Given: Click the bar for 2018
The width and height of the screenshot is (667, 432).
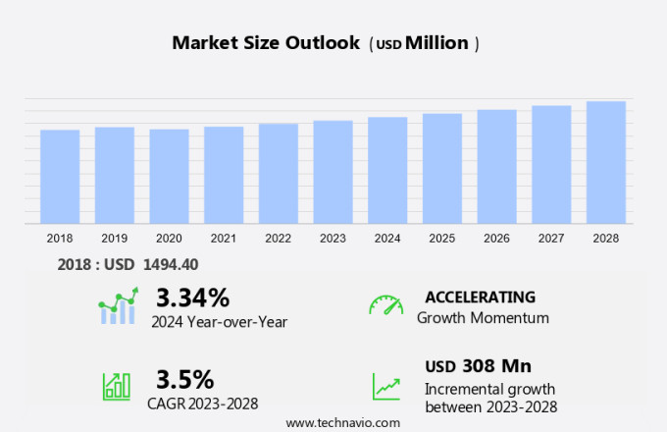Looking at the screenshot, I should pos(60,177).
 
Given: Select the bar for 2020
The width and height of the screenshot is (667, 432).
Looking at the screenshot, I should pos(169,177).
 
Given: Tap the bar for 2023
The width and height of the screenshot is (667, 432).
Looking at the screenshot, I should pos(333,172).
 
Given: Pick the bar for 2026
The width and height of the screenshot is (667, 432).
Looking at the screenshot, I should pos(496,167).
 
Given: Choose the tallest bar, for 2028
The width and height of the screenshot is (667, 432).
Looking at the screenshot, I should pos(606,162).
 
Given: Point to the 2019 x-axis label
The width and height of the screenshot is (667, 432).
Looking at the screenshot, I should pos(114,238).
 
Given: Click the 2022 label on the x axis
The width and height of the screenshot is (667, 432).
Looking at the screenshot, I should pos(278,238).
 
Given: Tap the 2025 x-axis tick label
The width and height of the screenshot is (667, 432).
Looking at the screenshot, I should pos(441,238).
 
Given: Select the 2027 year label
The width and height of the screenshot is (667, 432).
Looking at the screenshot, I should pos(551,238).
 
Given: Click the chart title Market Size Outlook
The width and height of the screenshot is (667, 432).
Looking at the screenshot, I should pos(265,43).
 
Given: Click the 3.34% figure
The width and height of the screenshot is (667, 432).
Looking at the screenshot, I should pos(192,297).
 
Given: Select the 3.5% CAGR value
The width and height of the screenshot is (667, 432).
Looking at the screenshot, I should pos(184,379).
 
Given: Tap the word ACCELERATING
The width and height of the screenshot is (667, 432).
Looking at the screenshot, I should pos(480,297).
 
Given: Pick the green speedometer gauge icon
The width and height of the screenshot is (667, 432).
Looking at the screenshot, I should pos(385,305).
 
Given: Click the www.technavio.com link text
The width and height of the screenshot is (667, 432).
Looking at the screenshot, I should pos(343,422).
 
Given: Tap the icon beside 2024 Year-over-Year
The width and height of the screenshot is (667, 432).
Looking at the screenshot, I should pos(119,306).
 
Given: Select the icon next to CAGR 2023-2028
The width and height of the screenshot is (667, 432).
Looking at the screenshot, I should pos(117,386).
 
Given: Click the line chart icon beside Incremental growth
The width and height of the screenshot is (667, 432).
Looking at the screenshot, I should pos(385,386).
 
